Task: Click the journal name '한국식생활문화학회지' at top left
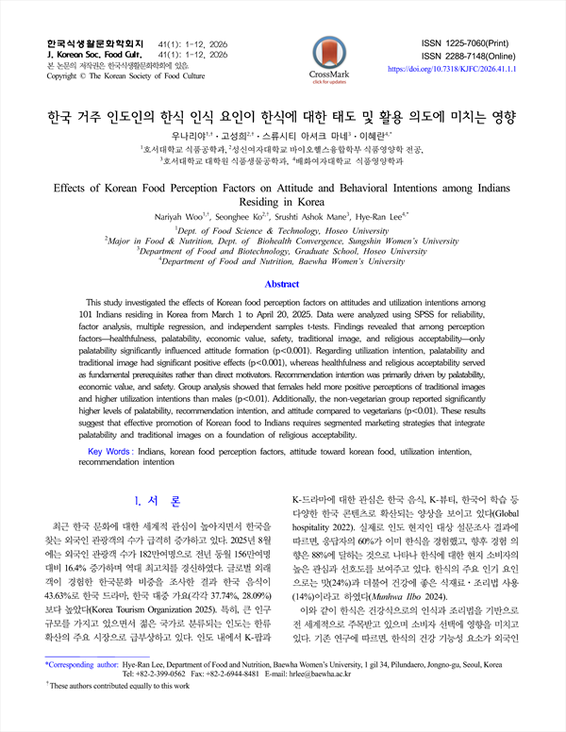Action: [x=94, y=43]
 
